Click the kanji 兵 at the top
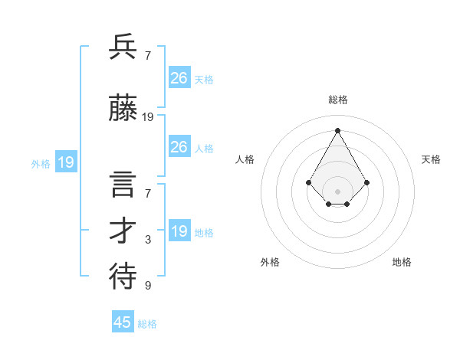point(123,47)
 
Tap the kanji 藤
point(123,110)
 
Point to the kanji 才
point(123,232)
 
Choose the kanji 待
point(123,276)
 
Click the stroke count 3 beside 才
point(148,240)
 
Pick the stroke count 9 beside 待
point(148,286)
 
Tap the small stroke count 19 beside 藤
point(148,117)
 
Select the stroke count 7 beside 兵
point(148,55)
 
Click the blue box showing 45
point(123,322)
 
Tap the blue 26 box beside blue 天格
point(179,78)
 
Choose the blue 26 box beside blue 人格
point(179,147)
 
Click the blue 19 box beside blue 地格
point(179,231)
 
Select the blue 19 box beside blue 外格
point(65,162)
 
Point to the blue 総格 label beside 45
point(147,324)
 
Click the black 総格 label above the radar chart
point(337,100)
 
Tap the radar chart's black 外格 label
point(270,262)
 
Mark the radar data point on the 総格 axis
point(337,130)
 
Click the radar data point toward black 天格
point(367,182)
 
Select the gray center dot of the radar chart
point(337,191)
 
